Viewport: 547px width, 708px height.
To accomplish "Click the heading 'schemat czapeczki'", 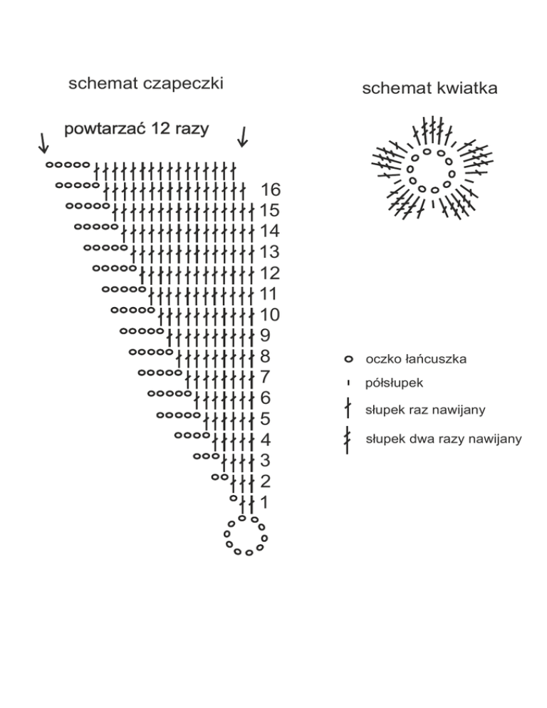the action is [145, 84].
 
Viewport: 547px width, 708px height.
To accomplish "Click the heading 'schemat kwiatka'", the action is [429, 88].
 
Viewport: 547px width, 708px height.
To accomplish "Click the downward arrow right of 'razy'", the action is [242, 136].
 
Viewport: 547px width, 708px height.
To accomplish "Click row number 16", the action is [271, 189].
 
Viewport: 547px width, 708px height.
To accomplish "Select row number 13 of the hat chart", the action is [271, 251].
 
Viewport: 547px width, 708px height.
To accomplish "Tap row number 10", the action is [271, 314].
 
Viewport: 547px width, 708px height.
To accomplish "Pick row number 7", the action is [266, 376].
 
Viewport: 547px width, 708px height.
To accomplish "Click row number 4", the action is [265, 439].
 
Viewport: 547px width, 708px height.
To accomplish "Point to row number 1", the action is [264, 501].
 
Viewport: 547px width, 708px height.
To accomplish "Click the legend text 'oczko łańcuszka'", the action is [415, 359].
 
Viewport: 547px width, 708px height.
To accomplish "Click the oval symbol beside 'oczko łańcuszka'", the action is [349, 359].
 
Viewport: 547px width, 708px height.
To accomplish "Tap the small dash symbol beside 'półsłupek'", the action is [348, 383].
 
